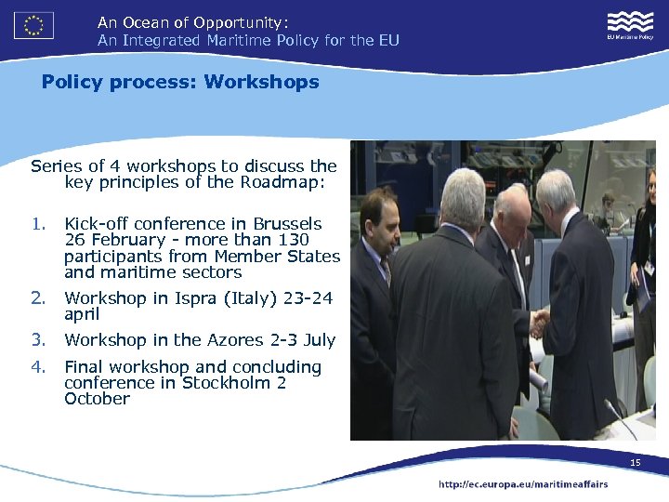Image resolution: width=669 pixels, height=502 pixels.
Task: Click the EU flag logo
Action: point(34,25)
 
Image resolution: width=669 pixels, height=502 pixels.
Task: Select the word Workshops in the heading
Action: point(261,82)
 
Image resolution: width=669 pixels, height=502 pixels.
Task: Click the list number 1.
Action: point(37,224)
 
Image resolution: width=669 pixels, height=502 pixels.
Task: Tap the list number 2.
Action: point(37,298)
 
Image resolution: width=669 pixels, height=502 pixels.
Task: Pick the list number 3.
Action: point(37,340)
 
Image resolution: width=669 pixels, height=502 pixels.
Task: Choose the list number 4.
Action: point(37,367)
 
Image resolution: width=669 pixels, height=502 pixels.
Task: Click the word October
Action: point(97,399)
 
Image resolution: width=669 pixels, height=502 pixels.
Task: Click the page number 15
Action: point(636,463)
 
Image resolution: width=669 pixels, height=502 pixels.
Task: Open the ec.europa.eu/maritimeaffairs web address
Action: point(523,484)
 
